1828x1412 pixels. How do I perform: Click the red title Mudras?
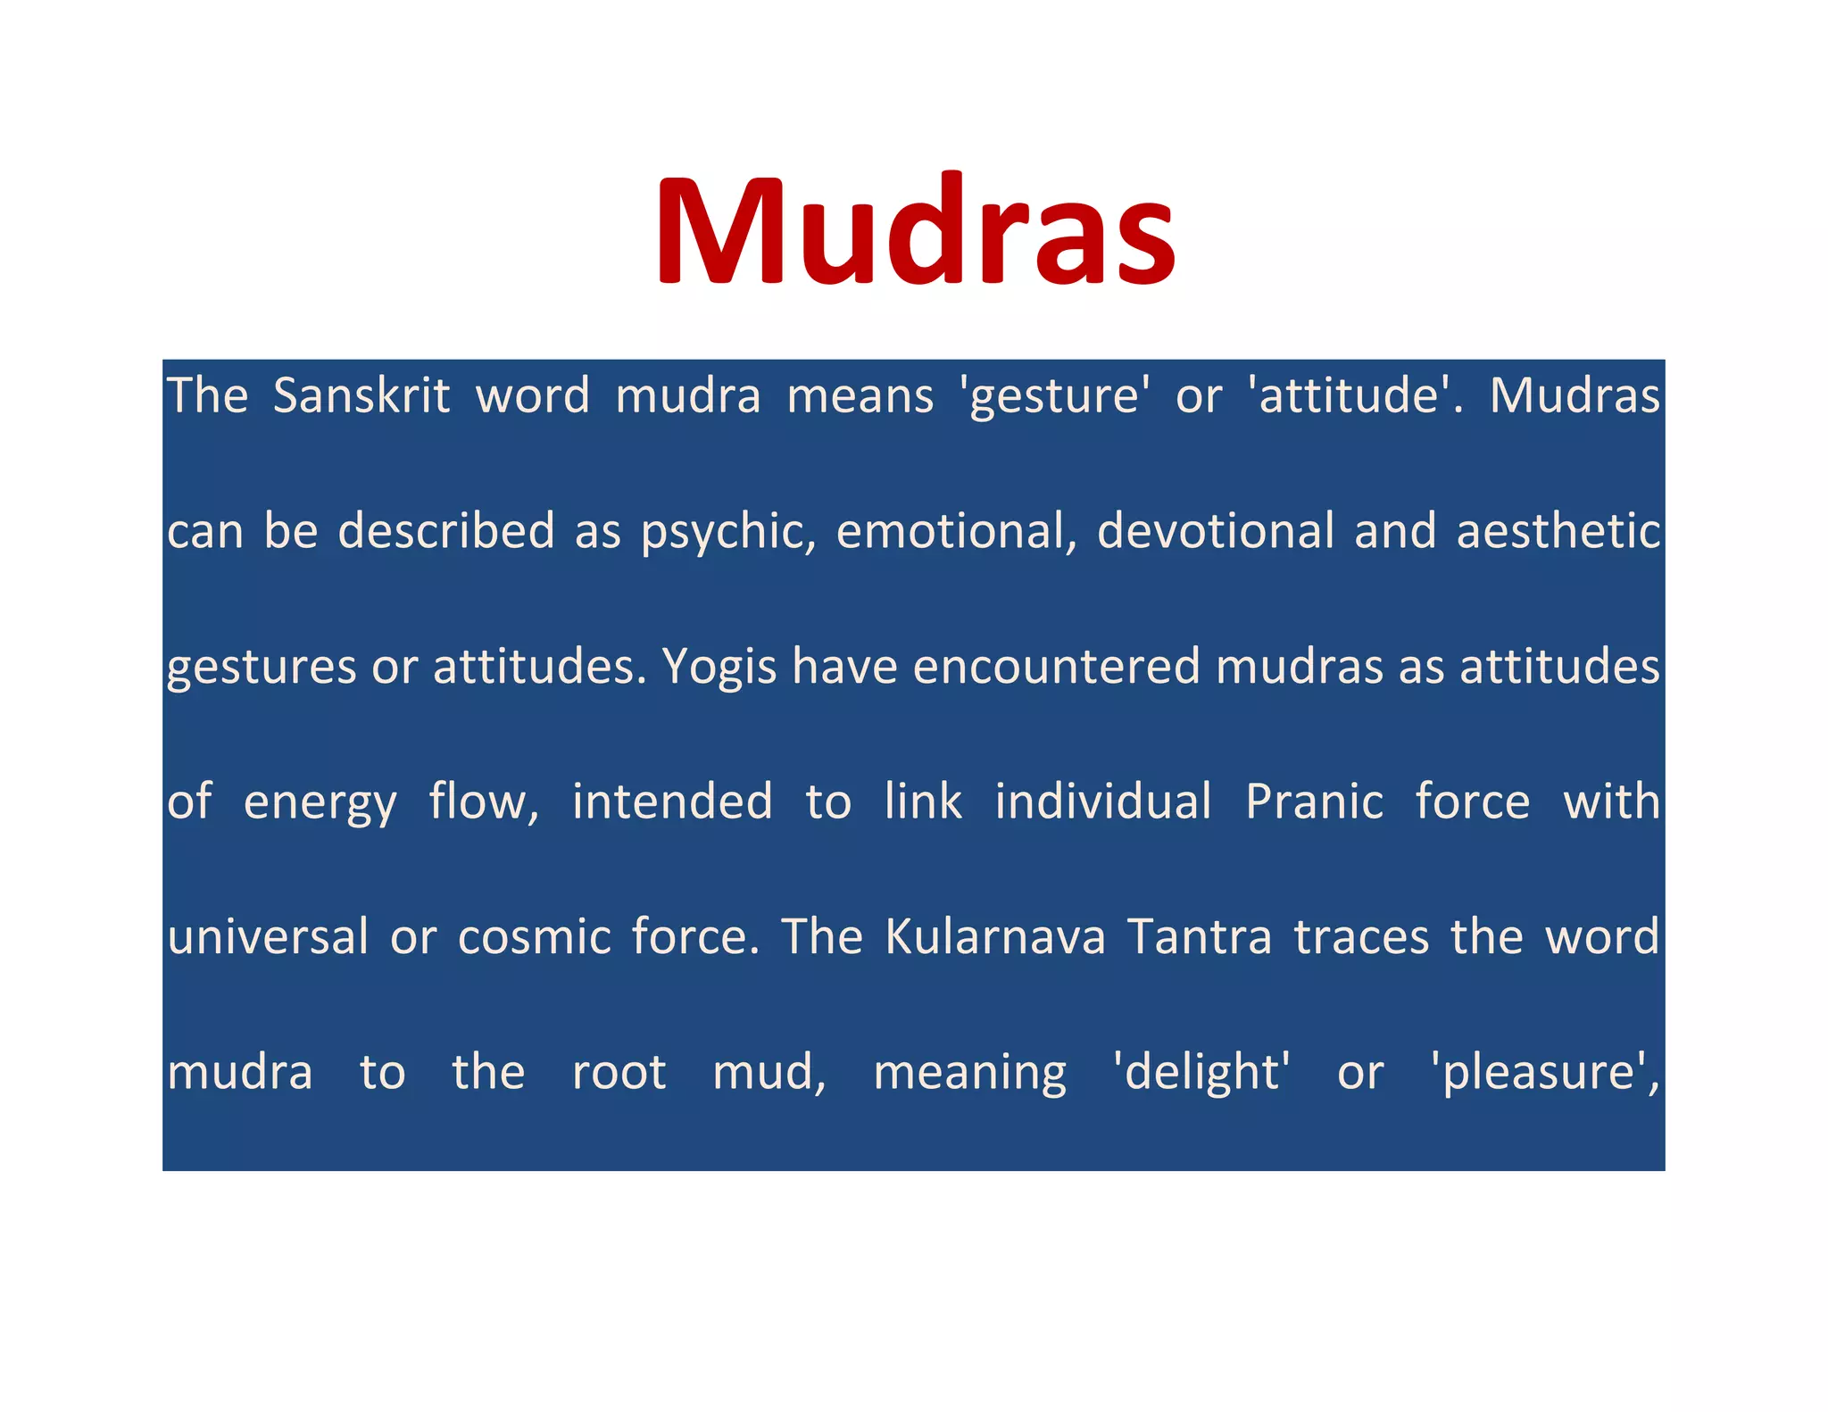pyautogui.click(x=916, y=230)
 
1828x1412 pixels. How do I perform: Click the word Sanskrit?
pyautogui.click(x=361, y=395)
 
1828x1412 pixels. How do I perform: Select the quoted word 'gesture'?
pyautogui.click(x=1054, y=395)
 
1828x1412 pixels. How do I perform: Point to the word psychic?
pyautogui.click(x=727, y=531)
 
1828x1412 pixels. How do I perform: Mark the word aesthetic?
pyautogui.click(x=1558, y=531)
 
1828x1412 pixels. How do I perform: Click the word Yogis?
pyautogui.click(x=719, y=667)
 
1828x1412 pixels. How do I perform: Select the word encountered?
pyautogui.click(x=1056, y=667)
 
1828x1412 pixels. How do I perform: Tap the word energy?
pyautogui.click(x=320, y=802)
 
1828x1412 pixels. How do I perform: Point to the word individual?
pyautogui.click(x=1103, y=801)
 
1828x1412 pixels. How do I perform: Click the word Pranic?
pyautogui.click(x=1314, y=801)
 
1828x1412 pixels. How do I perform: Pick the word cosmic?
pyautogui.click(x=534, y=937)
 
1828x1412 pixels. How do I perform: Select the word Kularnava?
pyautogui.click(x=994, y=937)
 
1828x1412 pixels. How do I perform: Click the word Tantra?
pyautogui.click(x=1199, y=937)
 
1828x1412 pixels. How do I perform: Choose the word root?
pyautogui.click(x=619, y=1073)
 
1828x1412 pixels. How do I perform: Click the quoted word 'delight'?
pyautogui.click(x=1201, y=1073)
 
